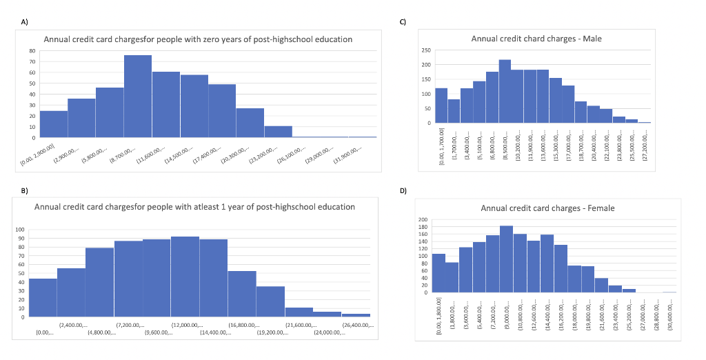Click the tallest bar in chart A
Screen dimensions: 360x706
138,97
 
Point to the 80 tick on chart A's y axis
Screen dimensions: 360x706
31,51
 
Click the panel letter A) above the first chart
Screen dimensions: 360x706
25,22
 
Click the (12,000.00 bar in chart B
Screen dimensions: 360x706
185,277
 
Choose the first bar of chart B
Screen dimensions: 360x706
43,298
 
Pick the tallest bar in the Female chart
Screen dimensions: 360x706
506,259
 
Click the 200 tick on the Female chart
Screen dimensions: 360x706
423,220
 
